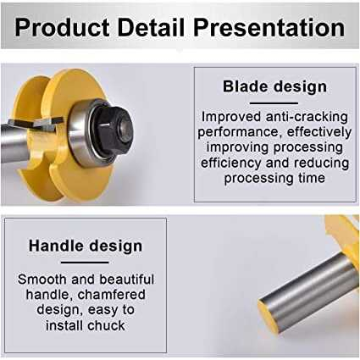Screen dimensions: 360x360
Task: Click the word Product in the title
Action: click(x=62, y=28)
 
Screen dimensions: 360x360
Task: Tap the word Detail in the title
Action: click(x=151, y=27)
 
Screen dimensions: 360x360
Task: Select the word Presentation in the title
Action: click(x=269, y=28)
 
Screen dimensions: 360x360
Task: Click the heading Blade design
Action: click(x=274, y=86)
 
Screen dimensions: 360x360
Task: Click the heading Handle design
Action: click(x=86, y=246)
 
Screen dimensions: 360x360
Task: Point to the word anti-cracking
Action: click(x=307, y=117)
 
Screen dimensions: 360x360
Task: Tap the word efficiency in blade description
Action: click(x=231, y=163)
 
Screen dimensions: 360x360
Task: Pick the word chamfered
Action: click(x=112, y=295)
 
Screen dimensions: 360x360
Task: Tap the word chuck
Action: click(x=106, y=325)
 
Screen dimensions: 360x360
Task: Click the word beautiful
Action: click(x=127, y=280)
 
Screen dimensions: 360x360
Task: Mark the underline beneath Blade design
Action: click(x=274, y=103)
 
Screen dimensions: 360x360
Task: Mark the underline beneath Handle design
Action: click(x=85, y=263)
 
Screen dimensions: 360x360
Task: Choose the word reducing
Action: click(x=321, y=163)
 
